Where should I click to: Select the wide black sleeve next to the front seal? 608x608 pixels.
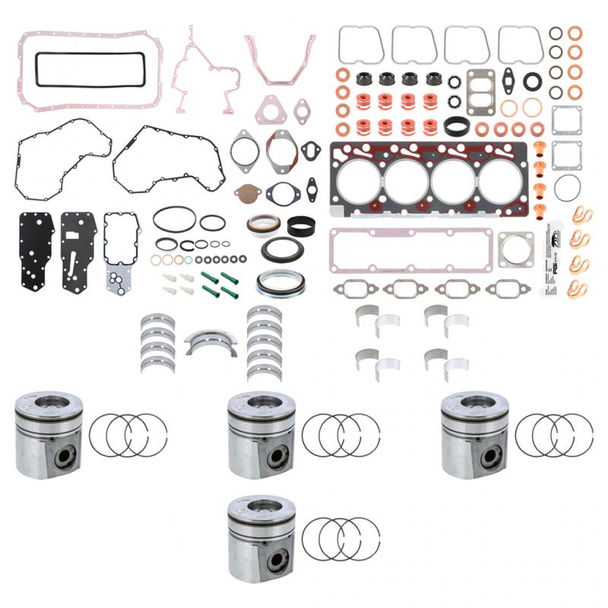[x=303, y=226]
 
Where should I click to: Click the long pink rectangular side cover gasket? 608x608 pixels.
[x=408, y=249]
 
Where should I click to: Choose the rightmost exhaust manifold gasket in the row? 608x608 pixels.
[x=508, y=290]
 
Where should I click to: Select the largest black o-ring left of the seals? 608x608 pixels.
[x=174, y=218]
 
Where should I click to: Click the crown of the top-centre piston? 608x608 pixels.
[x=262, y=403]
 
